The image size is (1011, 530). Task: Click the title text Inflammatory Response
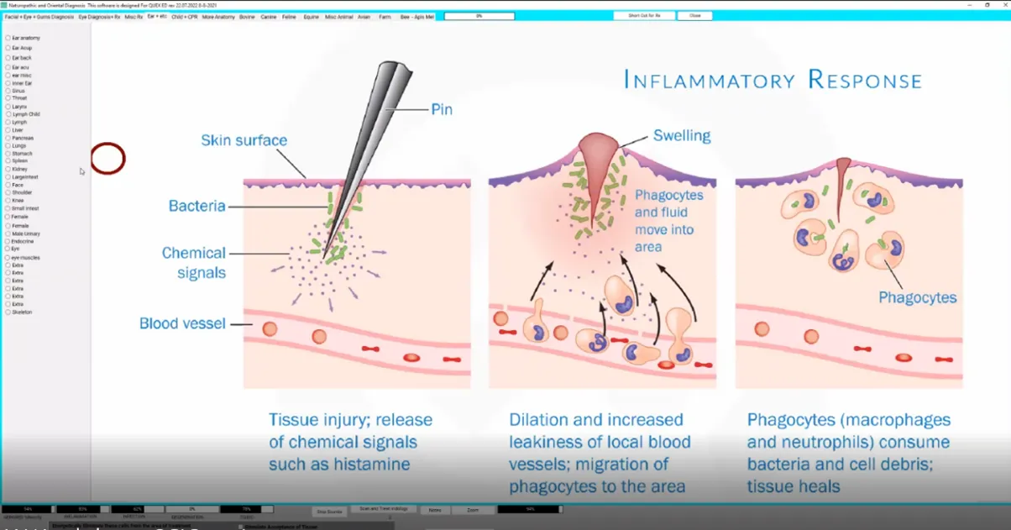(x=773, y=81)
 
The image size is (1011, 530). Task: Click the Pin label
(x=442, y=109)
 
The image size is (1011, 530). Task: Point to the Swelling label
(x=682, y=135)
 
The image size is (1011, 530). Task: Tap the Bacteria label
(x=196, y=206)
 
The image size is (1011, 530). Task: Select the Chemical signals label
(x=194, y=262)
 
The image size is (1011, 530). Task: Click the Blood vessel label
(x=182, y=323)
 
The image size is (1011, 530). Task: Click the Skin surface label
(x=244, y=140)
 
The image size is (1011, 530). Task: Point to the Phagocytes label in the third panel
(x=918, y=297)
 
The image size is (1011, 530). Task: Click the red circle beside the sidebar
(x=107, y=159)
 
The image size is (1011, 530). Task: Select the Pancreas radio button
(x=8, y=138)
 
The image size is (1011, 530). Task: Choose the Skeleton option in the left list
(x=8, y=312)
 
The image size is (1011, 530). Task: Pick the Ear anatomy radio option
(x=8, y=38)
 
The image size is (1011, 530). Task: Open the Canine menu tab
(x=269, y=17)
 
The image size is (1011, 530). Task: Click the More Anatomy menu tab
(x=218, y=17)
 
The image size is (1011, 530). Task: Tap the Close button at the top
(x=694, y=16)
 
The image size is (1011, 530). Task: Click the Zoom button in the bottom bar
(x=473, y=510)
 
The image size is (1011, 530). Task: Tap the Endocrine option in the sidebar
(x=8, y=241)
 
